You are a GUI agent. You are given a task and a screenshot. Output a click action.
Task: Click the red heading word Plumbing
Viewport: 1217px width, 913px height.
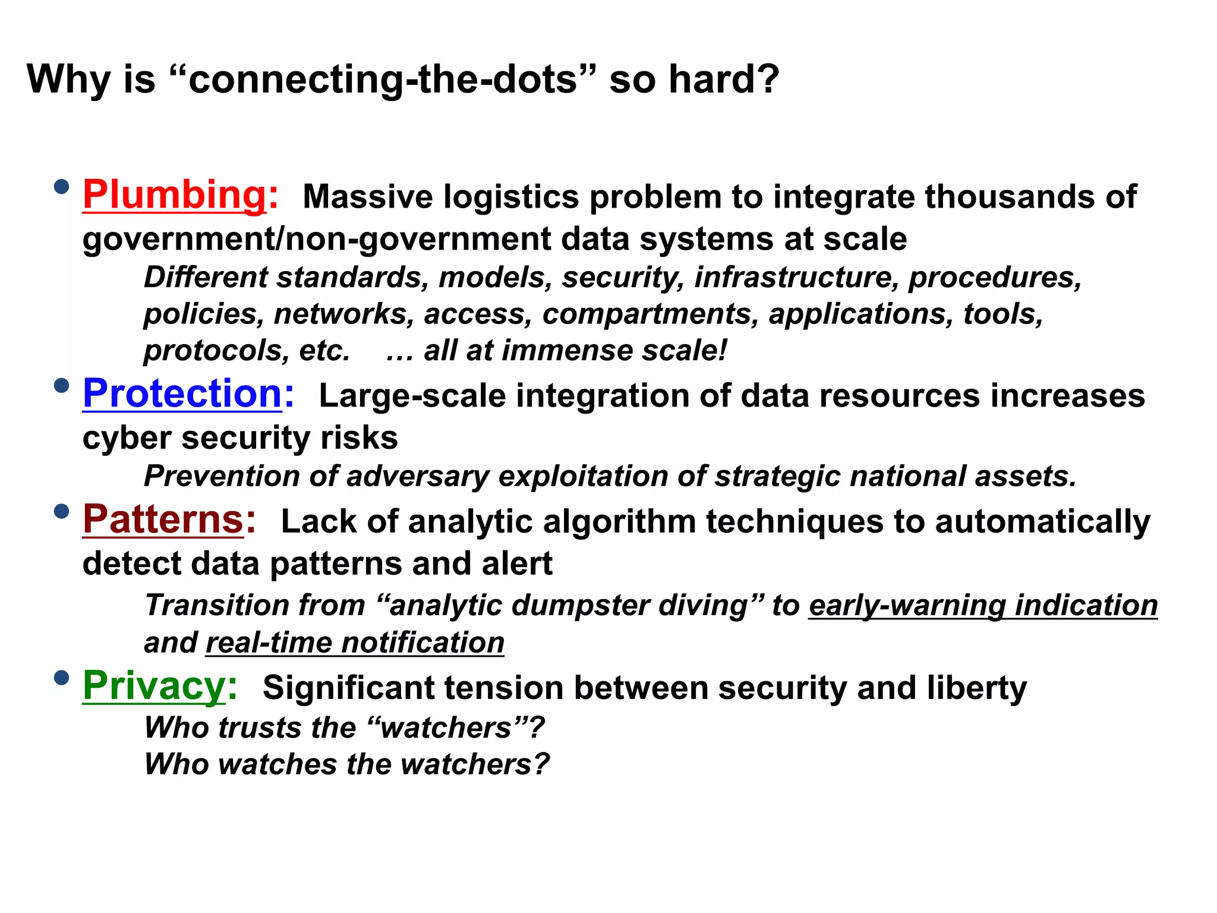point(175,195)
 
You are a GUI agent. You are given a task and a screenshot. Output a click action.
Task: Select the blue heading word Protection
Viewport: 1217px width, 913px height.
point(182,393)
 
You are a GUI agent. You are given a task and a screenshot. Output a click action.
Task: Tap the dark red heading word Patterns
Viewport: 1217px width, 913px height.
point(163,520)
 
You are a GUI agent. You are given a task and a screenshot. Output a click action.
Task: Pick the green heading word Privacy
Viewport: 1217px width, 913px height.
point(154,686)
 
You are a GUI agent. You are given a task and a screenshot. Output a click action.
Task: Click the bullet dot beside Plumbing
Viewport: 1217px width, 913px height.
point(61,187)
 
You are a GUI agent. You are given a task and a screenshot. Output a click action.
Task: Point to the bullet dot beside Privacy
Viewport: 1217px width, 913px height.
point(61,678)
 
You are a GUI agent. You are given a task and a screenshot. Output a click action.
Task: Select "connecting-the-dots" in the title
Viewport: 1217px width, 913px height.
point(382,79)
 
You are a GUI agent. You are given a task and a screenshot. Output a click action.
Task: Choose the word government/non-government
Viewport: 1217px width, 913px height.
point(316,240)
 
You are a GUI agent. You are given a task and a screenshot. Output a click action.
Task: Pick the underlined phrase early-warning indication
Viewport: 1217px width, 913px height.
point(983,606)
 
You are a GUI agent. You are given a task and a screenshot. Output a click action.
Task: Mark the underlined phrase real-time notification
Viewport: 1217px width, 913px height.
point(355,643)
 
